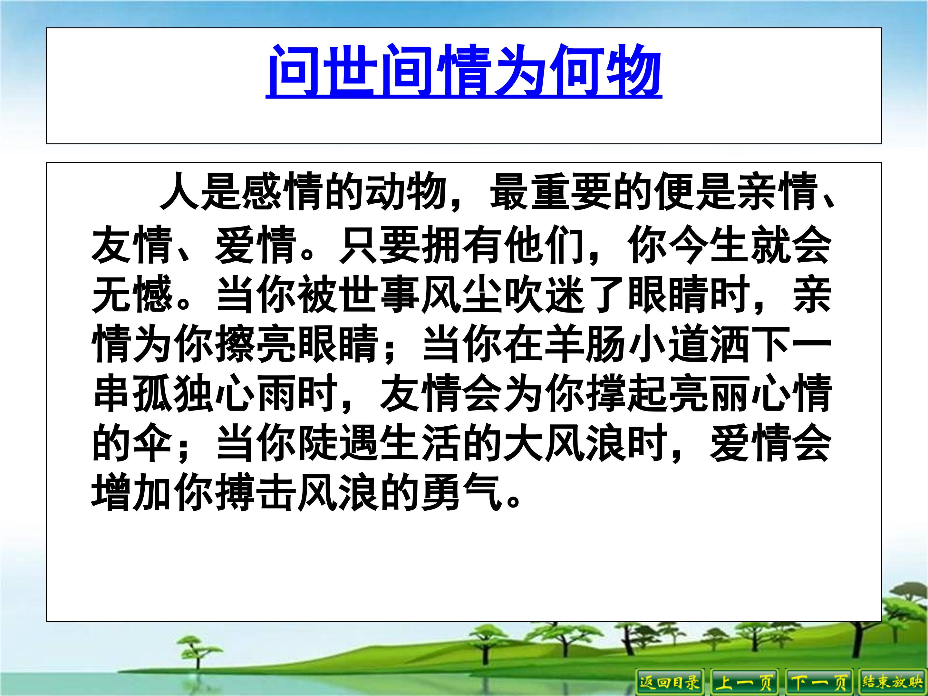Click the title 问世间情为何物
pos(464,71)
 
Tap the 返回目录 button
pos(670,682)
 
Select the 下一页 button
pos(818,682)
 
